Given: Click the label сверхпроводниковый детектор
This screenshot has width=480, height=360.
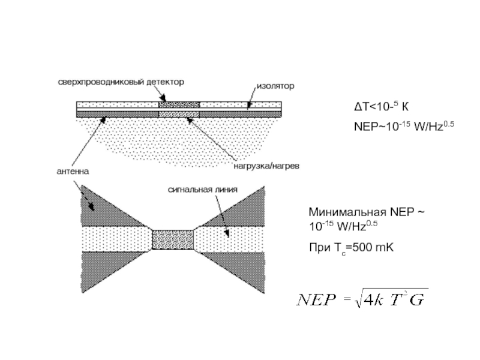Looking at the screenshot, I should (x=121, y=81).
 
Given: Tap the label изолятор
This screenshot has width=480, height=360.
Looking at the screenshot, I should (x=275, y=86).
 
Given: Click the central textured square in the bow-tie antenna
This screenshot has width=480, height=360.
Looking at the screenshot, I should (x=173, y=239).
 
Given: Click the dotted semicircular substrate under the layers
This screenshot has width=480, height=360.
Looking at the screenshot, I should (x=180, y=135).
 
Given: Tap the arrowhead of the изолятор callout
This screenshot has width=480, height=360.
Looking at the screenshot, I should (x=247, y=107).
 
